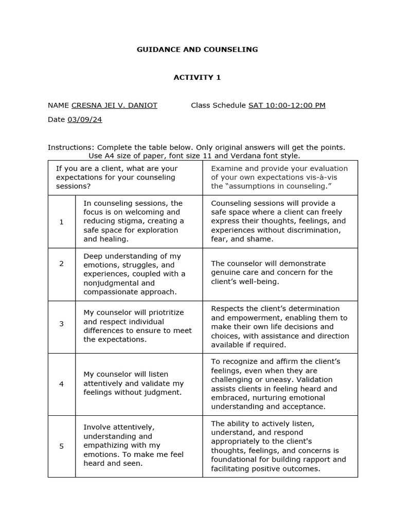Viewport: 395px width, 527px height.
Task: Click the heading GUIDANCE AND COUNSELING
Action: click(x=197, y=49)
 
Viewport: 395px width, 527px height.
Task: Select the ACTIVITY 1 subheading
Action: click(x=197, y=77)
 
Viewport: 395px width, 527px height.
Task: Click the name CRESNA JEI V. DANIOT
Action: click(x=114, y=106)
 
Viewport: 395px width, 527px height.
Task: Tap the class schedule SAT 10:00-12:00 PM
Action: click(x=286, y=106)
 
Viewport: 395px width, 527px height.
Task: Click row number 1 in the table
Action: click(x=62, y=222)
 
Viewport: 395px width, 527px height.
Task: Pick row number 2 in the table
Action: click(x=62, y=263)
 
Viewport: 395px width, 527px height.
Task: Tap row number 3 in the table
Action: click(x=62, y=324)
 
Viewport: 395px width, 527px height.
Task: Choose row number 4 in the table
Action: click(x=62, y=383)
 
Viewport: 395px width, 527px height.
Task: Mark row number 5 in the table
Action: click(x=62, y=446)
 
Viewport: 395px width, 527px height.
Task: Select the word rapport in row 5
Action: click(x=314, y=460)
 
